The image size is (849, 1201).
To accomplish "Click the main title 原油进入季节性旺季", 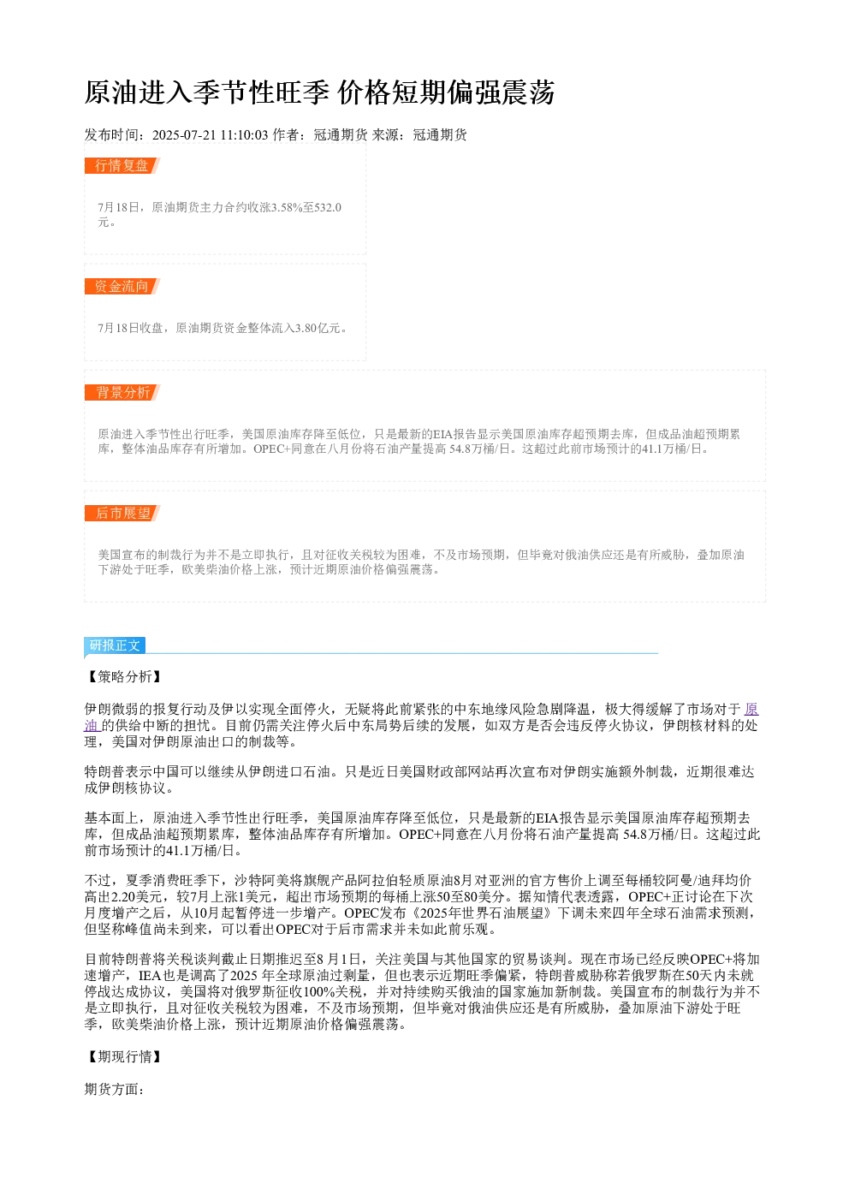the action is [207, 92].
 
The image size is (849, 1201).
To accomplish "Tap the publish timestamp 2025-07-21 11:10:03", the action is [210, 134].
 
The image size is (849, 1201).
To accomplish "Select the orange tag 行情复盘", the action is [122, 165].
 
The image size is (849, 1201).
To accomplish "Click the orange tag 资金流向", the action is [122, 286].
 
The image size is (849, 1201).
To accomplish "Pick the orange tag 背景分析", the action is [122, 392].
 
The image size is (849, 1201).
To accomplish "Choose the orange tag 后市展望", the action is [122, 513].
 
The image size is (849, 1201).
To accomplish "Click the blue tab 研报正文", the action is [115, 645].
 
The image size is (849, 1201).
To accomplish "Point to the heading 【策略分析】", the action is [124, 676].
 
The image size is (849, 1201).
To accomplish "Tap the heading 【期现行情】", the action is [124, 1056].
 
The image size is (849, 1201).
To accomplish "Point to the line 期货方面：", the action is [115, 1088].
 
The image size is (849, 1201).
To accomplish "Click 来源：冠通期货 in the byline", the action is [419, 134].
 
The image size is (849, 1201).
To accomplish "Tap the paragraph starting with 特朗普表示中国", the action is [419, 780].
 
